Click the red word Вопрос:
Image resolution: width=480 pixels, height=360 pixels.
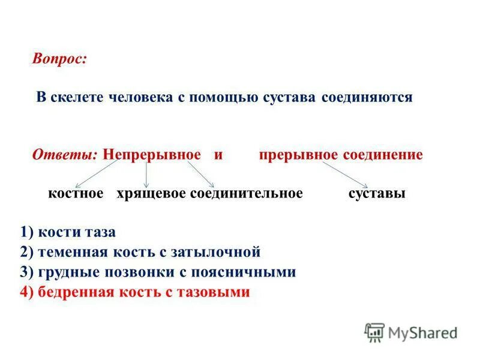(x=60, y=59)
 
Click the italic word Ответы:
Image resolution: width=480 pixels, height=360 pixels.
(x=65, y=155)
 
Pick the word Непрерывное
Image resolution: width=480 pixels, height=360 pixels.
(x=152, y=155)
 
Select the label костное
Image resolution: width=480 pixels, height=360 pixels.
(x=76, y=194)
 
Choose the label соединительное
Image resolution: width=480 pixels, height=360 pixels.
(x=247, y=194)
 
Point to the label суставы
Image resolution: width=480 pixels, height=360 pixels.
(x=376, y=194)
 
